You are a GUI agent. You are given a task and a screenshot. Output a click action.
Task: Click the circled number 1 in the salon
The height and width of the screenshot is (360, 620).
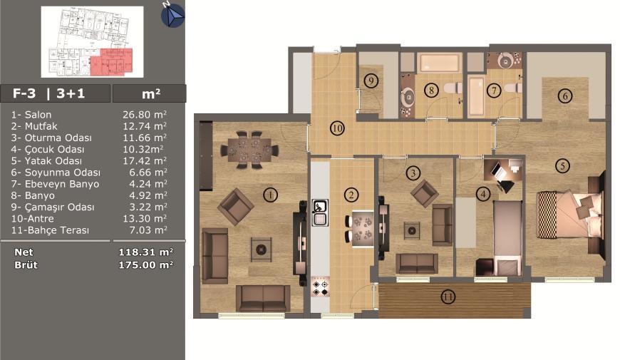pyautogui.click(x=271, y=195)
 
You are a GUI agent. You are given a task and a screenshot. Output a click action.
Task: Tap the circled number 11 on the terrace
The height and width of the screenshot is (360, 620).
pyautogui.click(x=448, y=297)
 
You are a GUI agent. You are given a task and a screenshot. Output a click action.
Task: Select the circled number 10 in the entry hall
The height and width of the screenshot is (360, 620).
pyautogui.click(x=337, y=128)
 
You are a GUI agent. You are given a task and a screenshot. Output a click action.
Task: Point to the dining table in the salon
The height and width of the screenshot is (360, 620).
pyautogui.click(x=249, y=150)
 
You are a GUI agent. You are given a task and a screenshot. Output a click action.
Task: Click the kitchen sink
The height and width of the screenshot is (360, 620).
pyautogui.click(x=320, y=212)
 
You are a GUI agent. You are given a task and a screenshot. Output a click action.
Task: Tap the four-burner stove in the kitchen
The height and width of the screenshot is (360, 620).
pyautogui.click(x=320, y=287)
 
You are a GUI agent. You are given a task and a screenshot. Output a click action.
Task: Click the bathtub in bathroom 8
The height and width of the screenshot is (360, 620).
pyautogui.click(x=440, y=63)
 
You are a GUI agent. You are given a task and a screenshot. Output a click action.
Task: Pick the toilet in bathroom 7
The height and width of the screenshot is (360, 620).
pyautogui.click(x=514, y=88)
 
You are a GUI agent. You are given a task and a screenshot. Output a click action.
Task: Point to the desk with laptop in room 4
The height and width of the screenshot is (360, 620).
pyautogui.click(x=503, y=173)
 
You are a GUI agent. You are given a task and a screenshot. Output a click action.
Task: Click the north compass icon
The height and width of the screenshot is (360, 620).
pyautogui.click(x=172, y=15)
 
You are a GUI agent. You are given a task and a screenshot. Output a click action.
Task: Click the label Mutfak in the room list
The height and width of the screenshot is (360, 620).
pyautogui.click(x=41, y=126)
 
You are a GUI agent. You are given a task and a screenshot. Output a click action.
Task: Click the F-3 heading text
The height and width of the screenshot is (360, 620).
pyautogui.click(x=24, y=93)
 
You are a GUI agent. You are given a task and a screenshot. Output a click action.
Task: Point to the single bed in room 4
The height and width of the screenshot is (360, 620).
pyautogui.click(x=507, y=238)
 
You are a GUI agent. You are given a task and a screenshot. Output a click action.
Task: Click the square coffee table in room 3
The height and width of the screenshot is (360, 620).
pyautogui.click(x=412, y=230)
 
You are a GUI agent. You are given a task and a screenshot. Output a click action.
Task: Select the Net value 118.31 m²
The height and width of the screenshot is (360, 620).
pyautogui.click(x=146, y=252)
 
